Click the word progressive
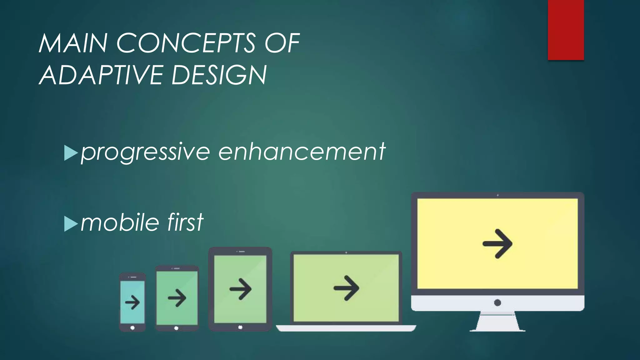pyautogui.click(x=145, y=152)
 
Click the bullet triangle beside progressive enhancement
pyautogui.click(x=71, y=153)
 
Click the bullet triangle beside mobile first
pyautogui.click(x=71, y=224)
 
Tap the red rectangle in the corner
pyautogui.click(x=566, y=30)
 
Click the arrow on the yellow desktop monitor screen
pyautogui.click(x=497, y=244)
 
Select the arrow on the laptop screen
pyautogui.click(x=346, y=288)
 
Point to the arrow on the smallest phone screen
pyautogui.click(x=132, y=302)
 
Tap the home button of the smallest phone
pyautogui.click(x=132, y=327)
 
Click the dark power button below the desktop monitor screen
pyautogui.click(x=497, y=302)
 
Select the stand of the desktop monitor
pyautogui.click(x=497, y=322)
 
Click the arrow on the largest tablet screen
pyautogui.click(x=240, y=289)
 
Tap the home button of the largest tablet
pyautogui.click(x=240, y=327)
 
